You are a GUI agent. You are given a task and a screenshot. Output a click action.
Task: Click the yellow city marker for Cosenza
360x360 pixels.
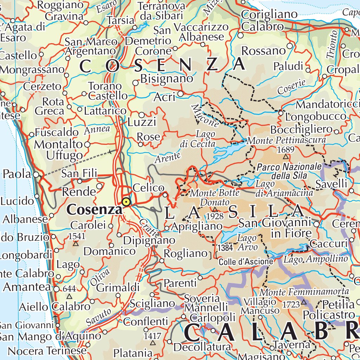click(x=126, y=202)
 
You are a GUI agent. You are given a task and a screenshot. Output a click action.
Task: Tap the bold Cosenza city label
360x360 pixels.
click(x=94, y=210)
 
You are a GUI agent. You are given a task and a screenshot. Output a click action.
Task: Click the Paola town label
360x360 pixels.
click(x=17, y=174)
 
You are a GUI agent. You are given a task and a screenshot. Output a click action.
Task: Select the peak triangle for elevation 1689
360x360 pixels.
click(x=285, y=157)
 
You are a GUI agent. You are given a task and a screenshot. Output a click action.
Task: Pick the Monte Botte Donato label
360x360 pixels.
click(x=214, y=197)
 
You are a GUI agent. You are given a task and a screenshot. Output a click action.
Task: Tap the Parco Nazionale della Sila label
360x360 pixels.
click(x=284, y=171)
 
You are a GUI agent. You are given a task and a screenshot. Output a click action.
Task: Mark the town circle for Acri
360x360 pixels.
click(x=180, y=94)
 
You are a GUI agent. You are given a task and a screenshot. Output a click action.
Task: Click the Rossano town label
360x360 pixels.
click(x=264, y=51)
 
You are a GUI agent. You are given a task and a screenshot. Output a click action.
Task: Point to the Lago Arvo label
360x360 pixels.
click(x=247, y=243)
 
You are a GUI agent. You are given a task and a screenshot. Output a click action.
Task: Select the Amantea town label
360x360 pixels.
click(x=27, y=287)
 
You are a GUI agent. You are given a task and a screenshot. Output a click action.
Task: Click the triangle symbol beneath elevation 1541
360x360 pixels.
click(x=75, y=243)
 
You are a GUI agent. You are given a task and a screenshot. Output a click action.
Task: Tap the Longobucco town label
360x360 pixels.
click(x=316, y=116)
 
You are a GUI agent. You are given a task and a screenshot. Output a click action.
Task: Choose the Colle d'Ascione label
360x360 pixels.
click(x=245, y=262)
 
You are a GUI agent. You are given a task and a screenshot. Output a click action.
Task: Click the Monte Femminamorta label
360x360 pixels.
click(x=304, y=292)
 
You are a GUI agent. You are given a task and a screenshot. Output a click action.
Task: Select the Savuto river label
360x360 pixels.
click(x=99, y=317)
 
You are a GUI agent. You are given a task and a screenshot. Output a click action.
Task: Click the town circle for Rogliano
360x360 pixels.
click(x=162, y=261)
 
